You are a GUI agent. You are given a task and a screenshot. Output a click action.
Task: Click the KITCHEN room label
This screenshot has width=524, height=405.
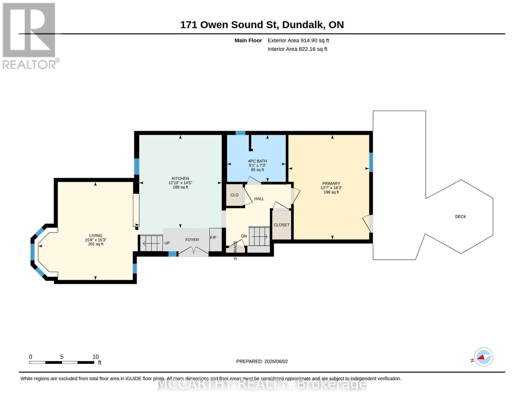coord(180,179)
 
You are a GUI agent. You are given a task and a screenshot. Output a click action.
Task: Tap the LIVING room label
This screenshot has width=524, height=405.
coord(96,236)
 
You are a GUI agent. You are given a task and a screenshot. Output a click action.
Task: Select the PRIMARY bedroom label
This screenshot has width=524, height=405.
coord(331,184)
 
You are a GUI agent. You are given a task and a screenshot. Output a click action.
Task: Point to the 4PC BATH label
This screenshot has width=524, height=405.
coord(257,161)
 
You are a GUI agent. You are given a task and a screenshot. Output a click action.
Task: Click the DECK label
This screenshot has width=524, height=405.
coord(460,217)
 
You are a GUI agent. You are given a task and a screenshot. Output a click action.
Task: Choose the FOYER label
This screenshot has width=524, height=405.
coord(192,240)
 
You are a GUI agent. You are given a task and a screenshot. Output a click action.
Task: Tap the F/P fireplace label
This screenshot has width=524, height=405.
coord(213,238)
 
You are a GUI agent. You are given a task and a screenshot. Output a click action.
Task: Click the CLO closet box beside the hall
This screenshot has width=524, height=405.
coord(235,195)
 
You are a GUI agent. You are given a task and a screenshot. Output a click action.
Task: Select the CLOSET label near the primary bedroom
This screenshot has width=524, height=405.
coord(281,225)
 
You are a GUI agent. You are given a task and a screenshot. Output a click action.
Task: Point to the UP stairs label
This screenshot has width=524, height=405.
coord(167,243)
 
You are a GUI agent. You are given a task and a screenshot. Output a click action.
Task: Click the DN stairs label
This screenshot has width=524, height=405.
coord(244,236)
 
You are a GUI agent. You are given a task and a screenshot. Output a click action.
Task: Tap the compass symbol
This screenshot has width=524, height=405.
coord(483,357)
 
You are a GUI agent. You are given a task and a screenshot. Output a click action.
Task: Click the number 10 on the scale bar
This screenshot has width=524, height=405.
coord(95,357)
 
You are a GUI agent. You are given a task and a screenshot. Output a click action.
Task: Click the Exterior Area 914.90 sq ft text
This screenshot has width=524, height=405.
coord(298,40)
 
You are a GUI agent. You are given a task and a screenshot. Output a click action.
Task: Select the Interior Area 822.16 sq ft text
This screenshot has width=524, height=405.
coord(297,49)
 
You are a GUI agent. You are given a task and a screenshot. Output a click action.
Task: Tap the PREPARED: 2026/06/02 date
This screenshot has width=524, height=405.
coord(262,361)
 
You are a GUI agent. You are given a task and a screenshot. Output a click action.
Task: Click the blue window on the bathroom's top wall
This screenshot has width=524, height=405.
coord(240,133)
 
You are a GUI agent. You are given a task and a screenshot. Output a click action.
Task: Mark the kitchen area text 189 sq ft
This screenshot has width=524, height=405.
coord(180,187)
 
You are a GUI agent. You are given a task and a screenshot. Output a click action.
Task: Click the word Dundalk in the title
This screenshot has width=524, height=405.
coord(303,25)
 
